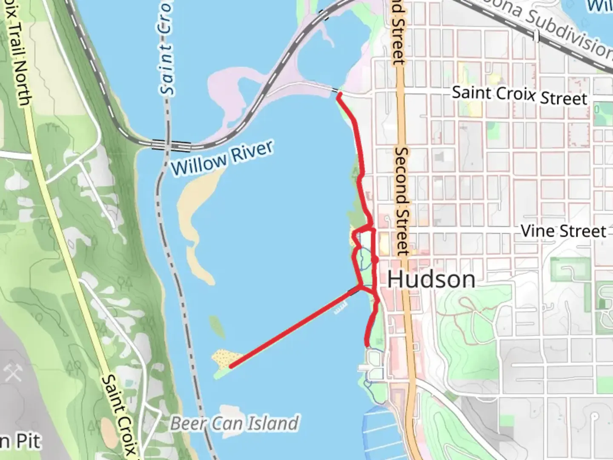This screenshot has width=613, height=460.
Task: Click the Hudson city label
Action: (x=431, y=279)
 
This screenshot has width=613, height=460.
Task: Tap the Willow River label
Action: (x=221, y=158)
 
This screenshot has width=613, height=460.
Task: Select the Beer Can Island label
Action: (x=235, y=423)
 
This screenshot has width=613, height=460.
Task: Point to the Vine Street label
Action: (x=563, y=231)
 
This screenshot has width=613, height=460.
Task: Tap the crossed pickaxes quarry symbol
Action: (x=13, y=373)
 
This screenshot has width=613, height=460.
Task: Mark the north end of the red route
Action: (x=339, y=96)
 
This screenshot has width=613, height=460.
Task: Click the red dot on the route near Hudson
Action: (x=375, y=259)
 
